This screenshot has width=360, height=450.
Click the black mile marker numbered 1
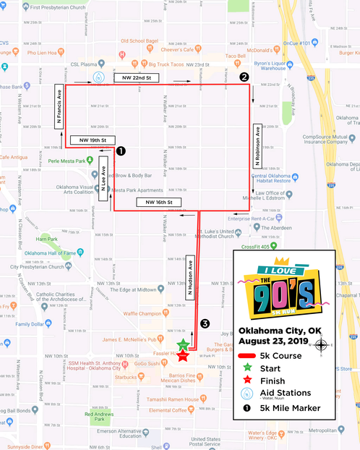pos(121,151)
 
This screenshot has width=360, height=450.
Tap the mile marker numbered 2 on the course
pos(244,76)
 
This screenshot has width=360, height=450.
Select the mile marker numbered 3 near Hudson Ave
pos(205,323)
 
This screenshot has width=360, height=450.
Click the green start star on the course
pos(184,344)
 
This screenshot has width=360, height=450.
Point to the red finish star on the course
pos(182,355)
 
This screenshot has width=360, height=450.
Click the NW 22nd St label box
pos(137,77)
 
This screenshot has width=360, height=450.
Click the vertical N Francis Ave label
pos(59,107)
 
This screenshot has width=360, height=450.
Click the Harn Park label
pos(48,239)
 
